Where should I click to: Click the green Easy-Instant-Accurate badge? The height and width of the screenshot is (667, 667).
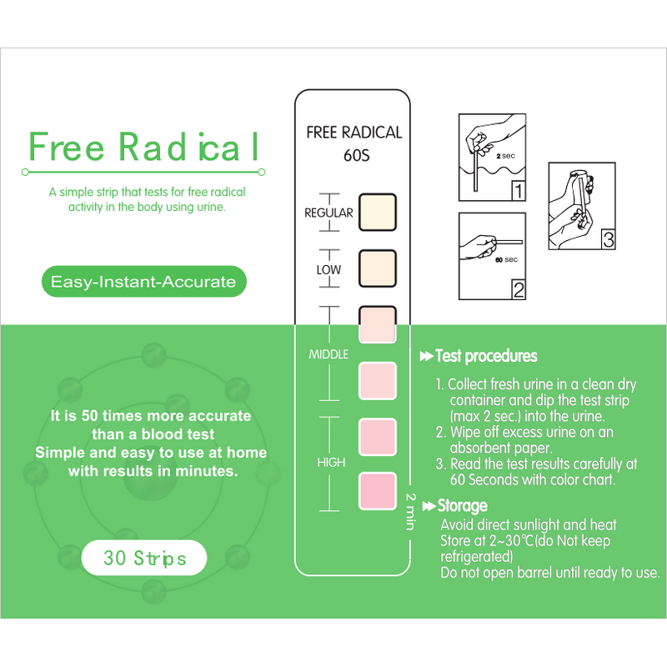click(143, 282)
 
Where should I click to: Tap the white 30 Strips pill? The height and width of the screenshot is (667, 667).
click(144, 558)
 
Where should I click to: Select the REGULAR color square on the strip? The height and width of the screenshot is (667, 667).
click(376, 212)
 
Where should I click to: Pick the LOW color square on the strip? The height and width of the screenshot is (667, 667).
click(376, 268)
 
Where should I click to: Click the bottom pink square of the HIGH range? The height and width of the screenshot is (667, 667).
click(376, 491)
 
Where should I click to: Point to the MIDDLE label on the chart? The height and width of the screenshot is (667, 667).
click(328, 354)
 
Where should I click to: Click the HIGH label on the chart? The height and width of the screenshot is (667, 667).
click(331, 463)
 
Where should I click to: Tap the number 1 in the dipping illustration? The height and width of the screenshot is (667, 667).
click(518, 192)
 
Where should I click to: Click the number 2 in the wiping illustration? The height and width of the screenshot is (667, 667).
click(518, 290)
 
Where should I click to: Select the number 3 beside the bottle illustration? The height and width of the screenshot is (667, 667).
click(608, 240)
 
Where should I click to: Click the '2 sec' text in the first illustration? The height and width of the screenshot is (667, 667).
click(506, 156)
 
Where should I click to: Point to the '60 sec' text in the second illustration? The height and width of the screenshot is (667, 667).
click(505, 260)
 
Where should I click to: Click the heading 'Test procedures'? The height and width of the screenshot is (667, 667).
click(486, 356)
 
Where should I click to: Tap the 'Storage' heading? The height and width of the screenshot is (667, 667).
click(463, 506)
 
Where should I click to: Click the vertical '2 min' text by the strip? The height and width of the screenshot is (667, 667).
click(410, 511)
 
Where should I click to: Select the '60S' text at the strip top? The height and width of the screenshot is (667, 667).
click(354, 155)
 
